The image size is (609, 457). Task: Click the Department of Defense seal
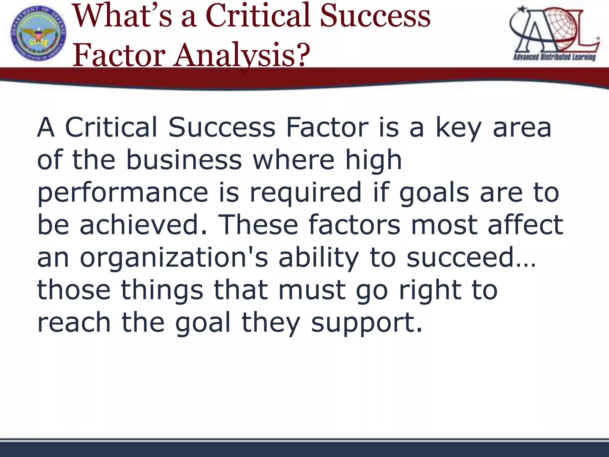coord(39,33)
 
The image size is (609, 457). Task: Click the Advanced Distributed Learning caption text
coord(554,57)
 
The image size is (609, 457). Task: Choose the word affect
coord(525,225)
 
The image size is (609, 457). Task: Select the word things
coord(162,290)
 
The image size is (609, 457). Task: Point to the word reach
coord(74,323)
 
